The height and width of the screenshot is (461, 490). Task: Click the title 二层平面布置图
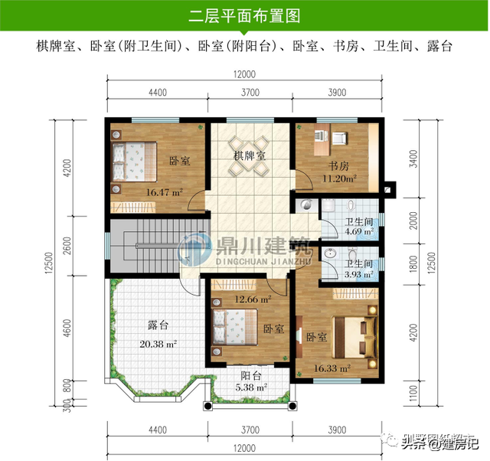(244, 15)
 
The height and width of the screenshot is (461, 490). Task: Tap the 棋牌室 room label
(250, 155)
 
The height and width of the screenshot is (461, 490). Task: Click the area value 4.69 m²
(358, 230)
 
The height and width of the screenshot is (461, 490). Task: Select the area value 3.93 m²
(358, 274)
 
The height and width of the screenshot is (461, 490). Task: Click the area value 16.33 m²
(332, 368)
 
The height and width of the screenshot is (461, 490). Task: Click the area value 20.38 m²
(158, 344)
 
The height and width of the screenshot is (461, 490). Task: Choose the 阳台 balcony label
(251, 376)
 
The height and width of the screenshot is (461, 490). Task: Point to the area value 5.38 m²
(251, 388)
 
